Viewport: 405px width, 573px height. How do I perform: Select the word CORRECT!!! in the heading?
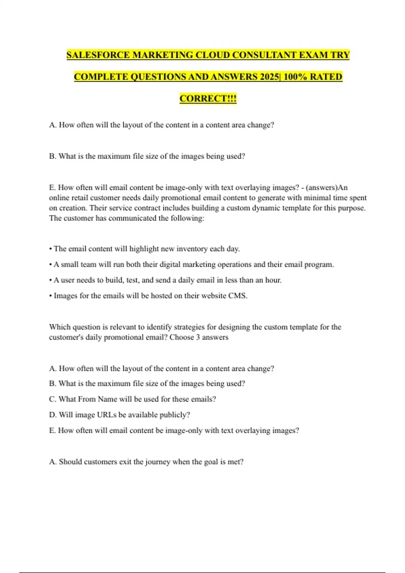pos(208,98)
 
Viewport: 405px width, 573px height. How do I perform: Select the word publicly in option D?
pos(174,415)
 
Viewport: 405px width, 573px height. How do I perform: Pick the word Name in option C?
pos(107,399)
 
